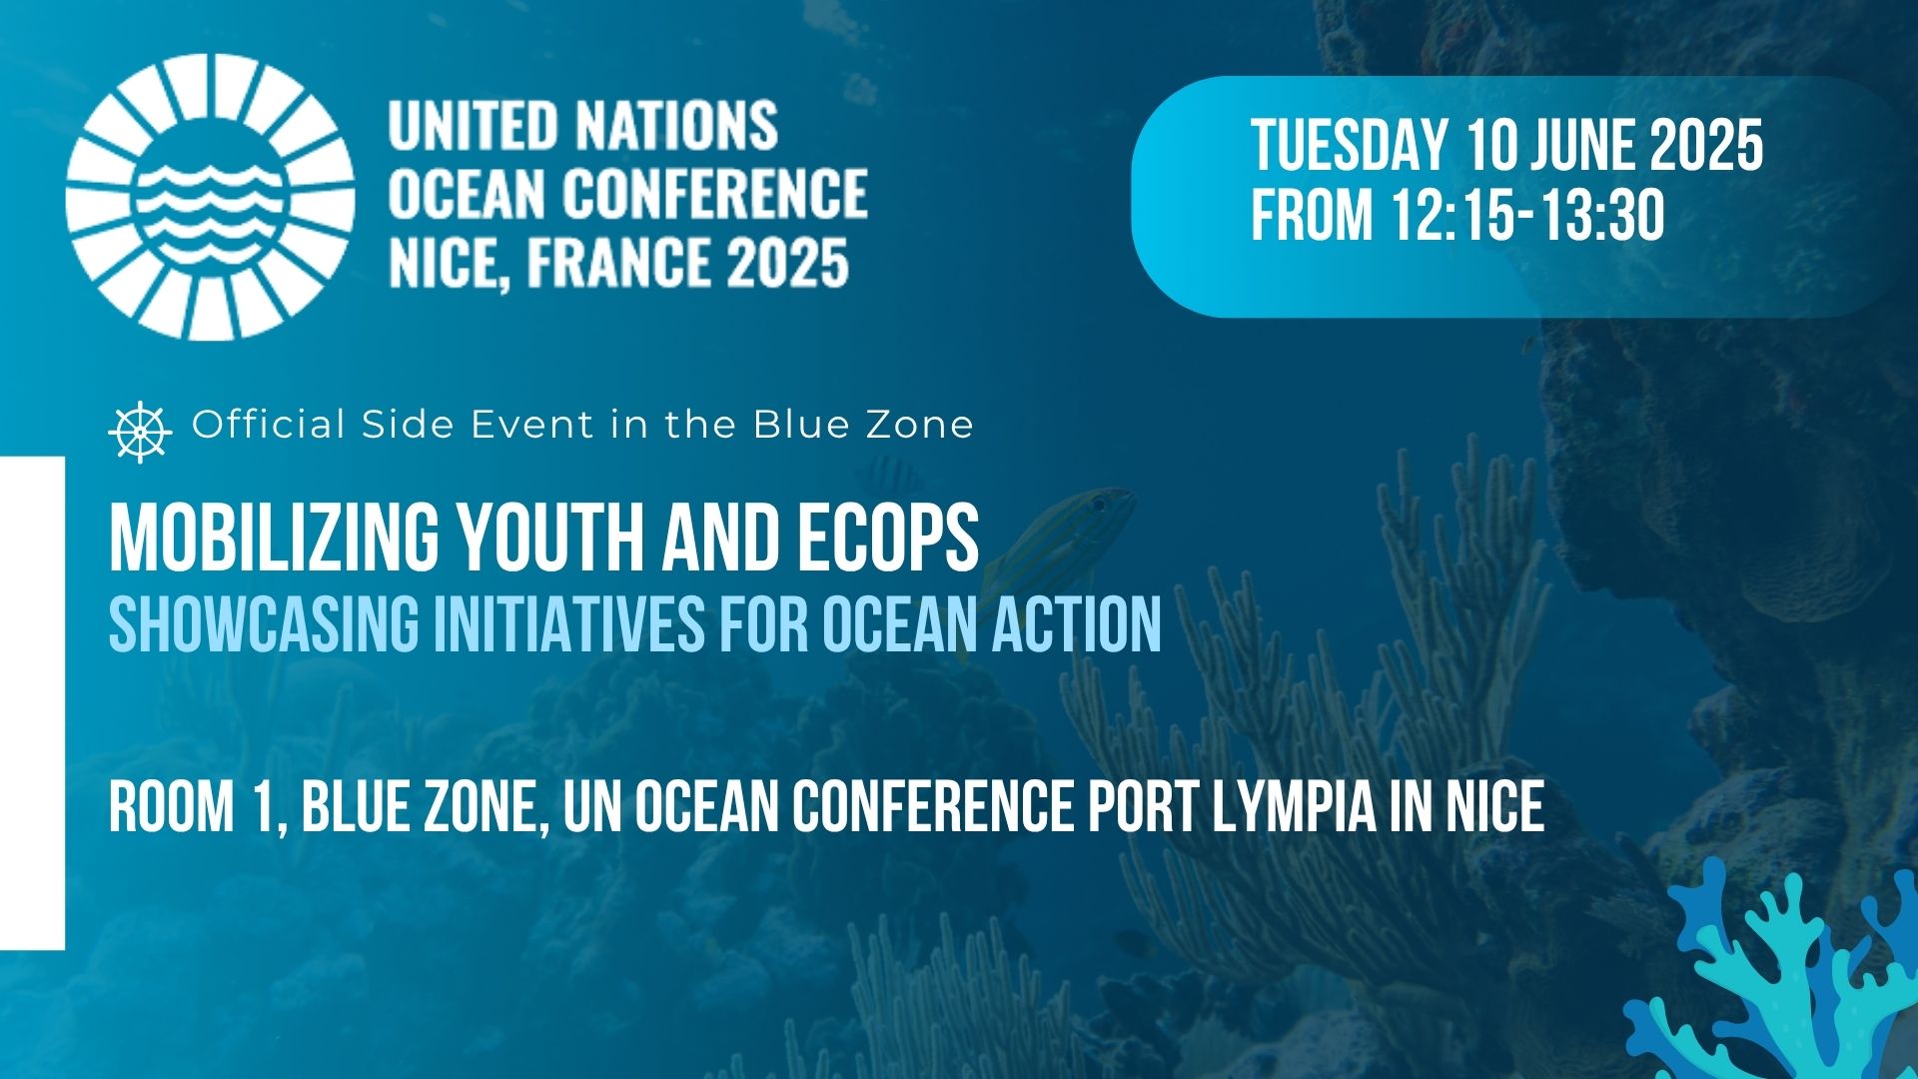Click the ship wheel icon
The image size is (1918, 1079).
(140, 432)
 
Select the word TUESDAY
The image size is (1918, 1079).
(1349, 146)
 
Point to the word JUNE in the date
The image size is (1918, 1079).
(1576, 146)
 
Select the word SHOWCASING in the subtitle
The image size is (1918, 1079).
(264, 624)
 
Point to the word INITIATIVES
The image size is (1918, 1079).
(567, 624)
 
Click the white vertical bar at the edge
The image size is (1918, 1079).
(32, 702)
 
